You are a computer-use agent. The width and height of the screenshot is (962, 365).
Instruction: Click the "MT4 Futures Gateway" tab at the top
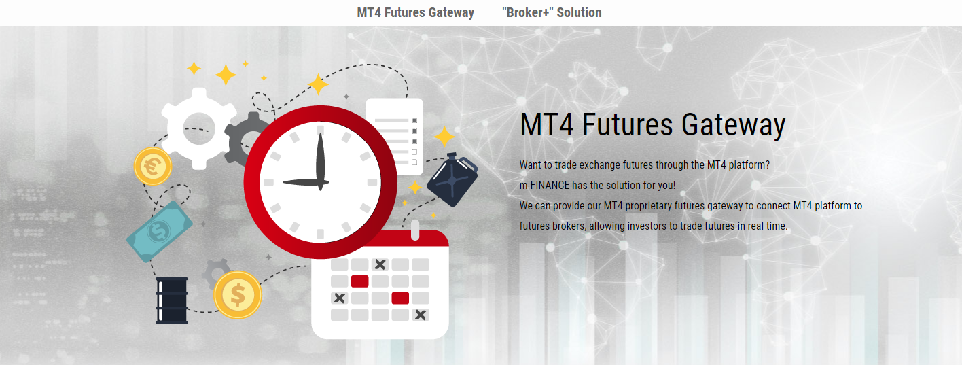(x=415, y=12)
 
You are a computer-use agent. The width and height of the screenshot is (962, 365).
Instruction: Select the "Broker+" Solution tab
(x=552, y=12)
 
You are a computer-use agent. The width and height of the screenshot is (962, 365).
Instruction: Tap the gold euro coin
(x=153, y=167)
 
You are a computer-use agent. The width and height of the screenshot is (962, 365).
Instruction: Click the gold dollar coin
(x=238, y=295)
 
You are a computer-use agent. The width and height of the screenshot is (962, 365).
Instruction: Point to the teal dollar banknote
(x=160, y=231)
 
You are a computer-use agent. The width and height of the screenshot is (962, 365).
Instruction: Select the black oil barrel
(x=172, y=300)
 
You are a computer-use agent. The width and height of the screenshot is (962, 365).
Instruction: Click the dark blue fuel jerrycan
(x=452, y=179)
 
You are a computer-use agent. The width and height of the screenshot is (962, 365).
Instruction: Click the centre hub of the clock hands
(x=321, y=182)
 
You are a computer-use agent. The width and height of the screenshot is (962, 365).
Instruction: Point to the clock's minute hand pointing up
(x=321, y=158)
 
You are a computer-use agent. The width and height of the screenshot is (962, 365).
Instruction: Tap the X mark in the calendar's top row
(x=380, y=264)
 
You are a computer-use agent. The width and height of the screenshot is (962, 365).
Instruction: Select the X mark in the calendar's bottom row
(x=421, y=315)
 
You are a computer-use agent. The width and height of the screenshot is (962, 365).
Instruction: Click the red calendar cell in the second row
(x=360, y=281)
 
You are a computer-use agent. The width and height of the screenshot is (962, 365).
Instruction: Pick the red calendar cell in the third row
(x=400, y=298)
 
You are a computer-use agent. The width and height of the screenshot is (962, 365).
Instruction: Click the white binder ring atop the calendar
(x=415, y=230)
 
